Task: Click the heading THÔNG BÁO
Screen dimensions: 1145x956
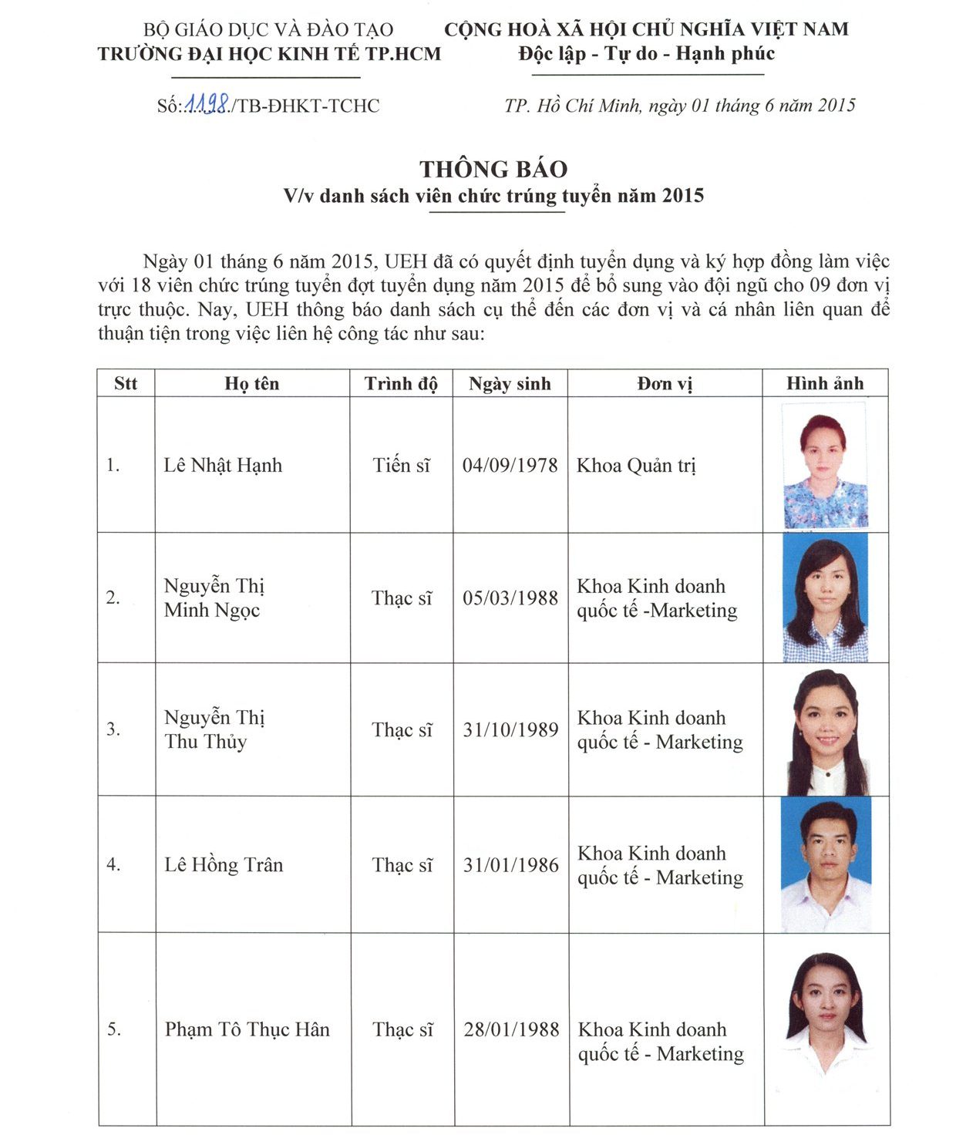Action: [493, 169]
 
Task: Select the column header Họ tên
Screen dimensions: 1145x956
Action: [252, 383]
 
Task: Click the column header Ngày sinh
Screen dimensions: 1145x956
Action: [510, 383]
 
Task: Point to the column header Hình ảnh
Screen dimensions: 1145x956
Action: [825, 383]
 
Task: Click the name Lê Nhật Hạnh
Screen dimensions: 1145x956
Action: [223, 465]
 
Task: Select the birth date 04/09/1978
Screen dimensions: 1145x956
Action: [510, 465]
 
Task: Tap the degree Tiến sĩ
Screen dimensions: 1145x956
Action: [401, 465]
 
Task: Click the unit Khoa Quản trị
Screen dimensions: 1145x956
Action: [636, 465]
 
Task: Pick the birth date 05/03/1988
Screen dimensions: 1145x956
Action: [510, 598]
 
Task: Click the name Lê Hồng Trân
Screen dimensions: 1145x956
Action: [224, 864]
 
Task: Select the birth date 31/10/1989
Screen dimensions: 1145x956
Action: [510, 729]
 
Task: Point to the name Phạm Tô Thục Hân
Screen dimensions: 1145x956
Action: [247, 1029]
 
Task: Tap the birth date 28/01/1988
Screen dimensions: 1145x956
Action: [511, 1029]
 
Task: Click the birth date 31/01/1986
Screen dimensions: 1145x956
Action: [510, 864]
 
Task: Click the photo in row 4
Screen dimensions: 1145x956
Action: [826, 864]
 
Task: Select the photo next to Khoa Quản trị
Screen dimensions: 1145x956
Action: [824, 465]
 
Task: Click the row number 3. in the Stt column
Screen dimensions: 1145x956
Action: [113, 729]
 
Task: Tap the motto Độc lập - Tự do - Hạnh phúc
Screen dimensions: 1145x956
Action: [646, 53]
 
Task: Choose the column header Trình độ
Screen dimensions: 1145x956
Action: [401, 383]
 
